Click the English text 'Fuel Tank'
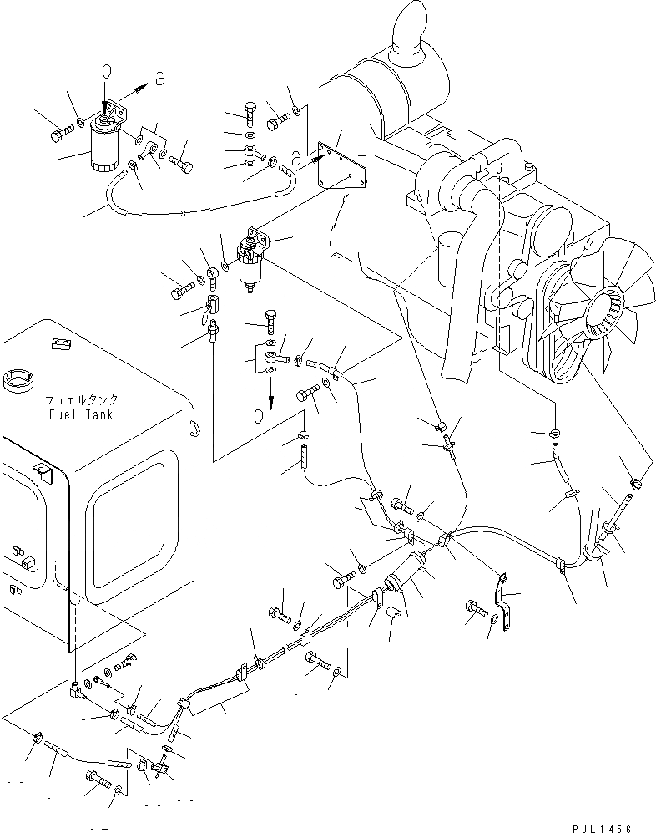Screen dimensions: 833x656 [81, 414]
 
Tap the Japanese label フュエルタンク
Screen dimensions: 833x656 [82, 400]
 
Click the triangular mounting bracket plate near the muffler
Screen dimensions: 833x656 [343, 170]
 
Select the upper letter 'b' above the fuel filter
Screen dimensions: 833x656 [106, 71]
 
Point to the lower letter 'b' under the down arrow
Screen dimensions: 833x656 [260, 414]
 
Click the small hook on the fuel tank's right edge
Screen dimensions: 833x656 [194, 428]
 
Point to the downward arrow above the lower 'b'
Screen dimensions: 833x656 [271, 390]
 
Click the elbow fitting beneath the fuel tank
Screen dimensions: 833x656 [77, 689]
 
